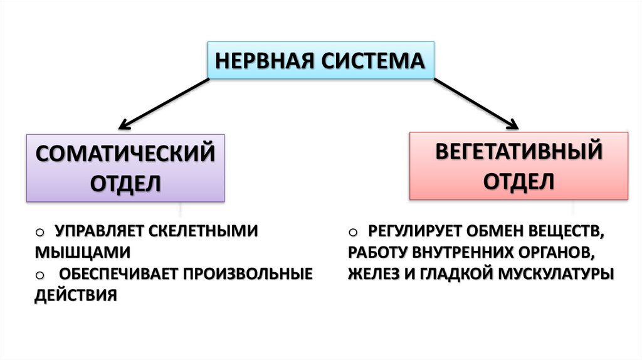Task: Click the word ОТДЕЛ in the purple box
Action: [x=125, y=183]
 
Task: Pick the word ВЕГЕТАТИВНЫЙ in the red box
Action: [x=519, y=152]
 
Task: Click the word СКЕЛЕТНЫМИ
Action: [x=203, y=231]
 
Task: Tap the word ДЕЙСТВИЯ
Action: [x=76, y=295]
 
